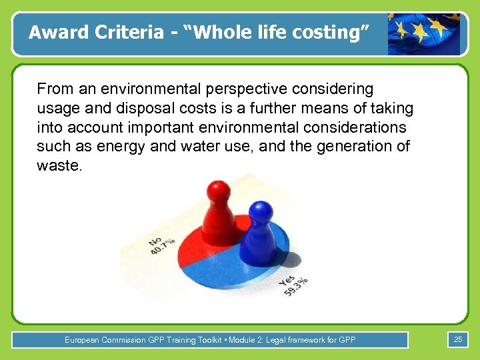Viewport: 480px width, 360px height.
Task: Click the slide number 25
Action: (457, 340)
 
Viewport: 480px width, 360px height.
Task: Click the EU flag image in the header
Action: (424, 33)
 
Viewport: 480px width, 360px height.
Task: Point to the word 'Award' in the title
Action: (54, 32)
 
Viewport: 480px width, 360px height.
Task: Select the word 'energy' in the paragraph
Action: (119, 147)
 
